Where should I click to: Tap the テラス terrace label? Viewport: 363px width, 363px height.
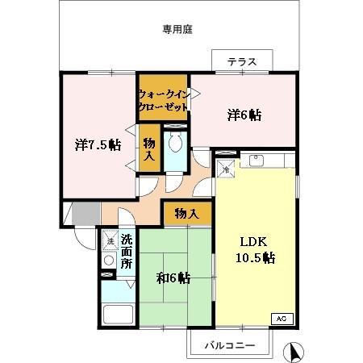(x=241, y=61)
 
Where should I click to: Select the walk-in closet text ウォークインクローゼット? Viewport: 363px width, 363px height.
(x=164, y=99)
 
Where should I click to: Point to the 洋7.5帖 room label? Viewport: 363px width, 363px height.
(x=98, y=145)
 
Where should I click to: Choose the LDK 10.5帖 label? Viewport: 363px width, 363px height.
(x=256, y=250)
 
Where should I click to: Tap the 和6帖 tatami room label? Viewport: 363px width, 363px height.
(x=173, y=278)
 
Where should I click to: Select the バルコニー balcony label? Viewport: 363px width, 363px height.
(x=229, y=345)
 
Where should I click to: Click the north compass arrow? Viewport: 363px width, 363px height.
(x=296, y=352)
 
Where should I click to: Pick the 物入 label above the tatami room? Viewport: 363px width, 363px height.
(x=186, y=214)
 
